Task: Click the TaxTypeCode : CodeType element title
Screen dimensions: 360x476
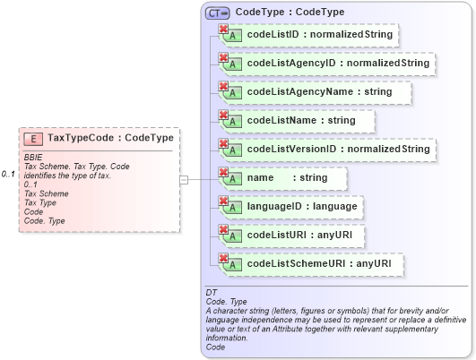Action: pyautogui.click(x=110, y=139)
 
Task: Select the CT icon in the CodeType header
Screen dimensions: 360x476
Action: pyautogui.click(x=217, y=13)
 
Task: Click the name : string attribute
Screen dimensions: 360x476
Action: pyautogui.click(x=287, y=178)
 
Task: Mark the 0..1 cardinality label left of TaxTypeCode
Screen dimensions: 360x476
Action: pyautogui.click(x=8, y=174)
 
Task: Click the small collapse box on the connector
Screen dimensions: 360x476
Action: pyautogui.click(x=184, y=179)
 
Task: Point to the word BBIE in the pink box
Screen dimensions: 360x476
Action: pyautogui.click(x=33, y=158)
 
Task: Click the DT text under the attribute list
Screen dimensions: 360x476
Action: pyautogui.click(x=212, y=293)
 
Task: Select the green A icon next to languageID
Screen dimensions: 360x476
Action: pyautogui.click(x=232, y=209)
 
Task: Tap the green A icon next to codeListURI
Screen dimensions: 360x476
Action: pyautogui.click(x=232, y=237)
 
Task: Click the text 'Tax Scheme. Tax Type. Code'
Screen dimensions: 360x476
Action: pyautogui.click(x=76, y=167)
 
